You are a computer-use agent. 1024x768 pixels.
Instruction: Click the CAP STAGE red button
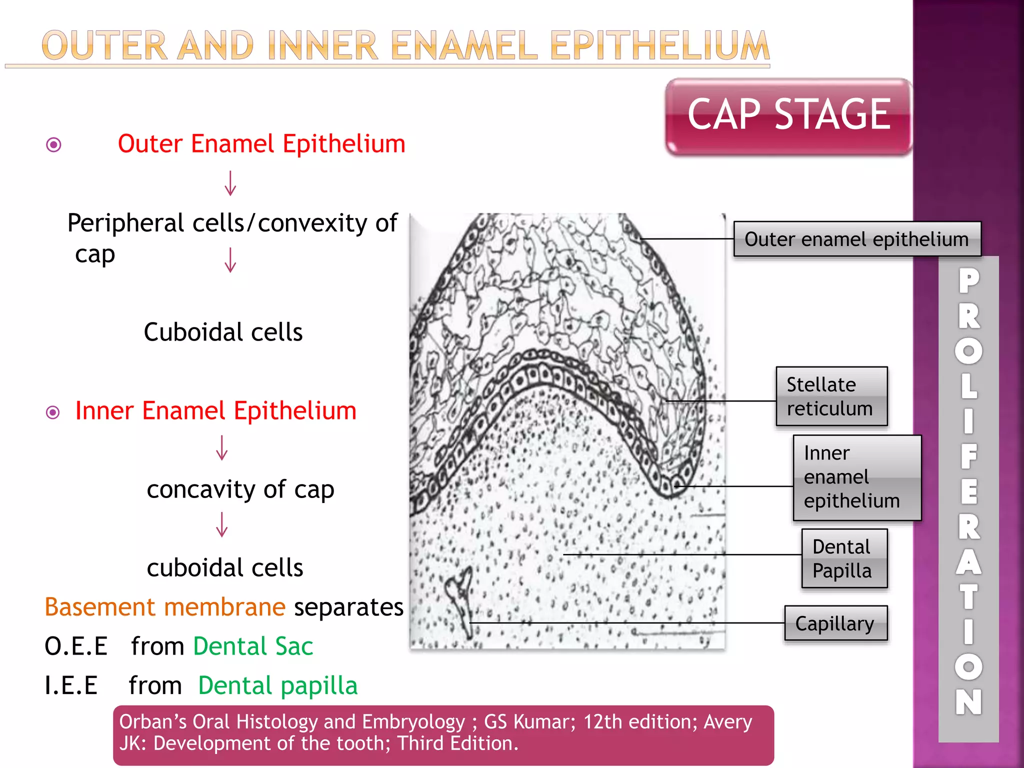coord(788,116)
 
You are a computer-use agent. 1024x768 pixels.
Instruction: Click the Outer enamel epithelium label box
coord(856,239)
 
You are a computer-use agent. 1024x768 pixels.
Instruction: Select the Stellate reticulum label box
coord(831,396)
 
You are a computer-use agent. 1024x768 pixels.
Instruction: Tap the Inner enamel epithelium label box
coord(856,477)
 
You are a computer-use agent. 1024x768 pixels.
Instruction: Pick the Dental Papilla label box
coord(844,558)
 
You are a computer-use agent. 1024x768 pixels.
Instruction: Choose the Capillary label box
coord(835,623)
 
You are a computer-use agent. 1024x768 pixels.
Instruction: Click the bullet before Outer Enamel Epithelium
coord(53,145)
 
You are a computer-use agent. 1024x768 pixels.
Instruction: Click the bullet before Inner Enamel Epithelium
coord(52,412)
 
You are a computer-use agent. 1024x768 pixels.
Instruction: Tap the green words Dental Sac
coord(253,646)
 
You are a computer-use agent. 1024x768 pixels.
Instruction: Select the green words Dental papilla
coord(278,685)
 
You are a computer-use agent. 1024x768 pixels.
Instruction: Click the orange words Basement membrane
coord(165,607)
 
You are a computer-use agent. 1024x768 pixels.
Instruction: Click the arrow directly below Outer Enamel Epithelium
coord(230,183)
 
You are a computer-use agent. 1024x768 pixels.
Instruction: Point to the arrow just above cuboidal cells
coord(222,524)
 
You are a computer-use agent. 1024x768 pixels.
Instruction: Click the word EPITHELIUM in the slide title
coord(659,46)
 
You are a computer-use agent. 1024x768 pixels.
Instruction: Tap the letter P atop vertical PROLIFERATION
coord(968,281)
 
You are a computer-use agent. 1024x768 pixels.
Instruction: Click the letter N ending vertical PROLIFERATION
coord(968,701)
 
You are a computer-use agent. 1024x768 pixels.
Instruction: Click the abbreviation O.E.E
coord(76,646)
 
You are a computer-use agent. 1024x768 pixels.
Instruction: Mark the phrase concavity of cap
coord(240,489)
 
